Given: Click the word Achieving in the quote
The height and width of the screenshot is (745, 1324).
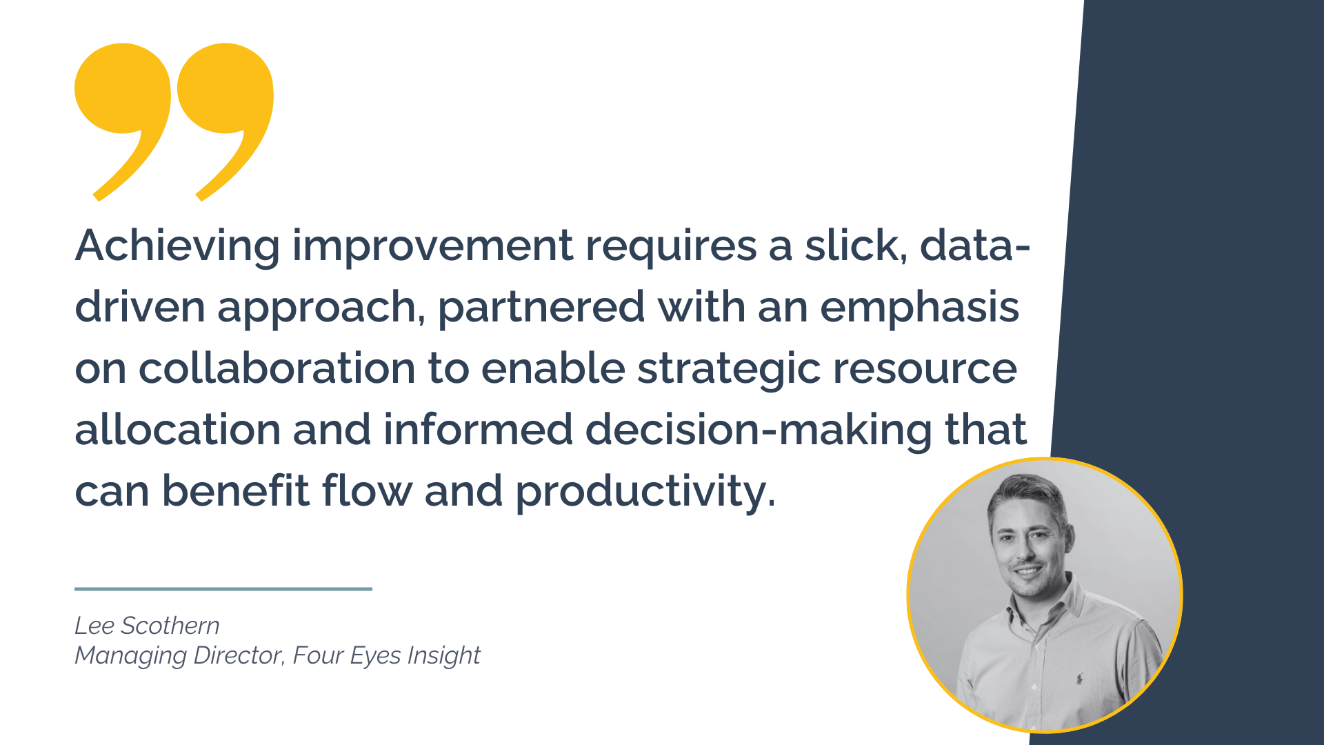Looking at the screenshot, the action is tap(177, 246).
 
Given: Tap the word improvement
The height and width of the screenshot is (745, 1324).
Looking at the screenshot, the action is tap(433, 246).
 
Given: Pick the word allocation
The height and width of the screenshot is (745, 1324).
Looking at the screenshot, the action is tap(177, 429).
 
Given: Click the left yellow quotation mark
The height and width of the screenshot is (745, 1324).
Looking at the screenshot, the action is tap(123, 121).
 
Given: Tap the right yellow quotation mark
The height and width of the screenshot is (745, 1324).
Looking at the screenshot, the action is tap(225, 121).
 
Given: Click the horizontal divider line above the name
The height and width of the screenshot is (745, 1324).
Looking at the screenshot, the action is tap(223, 589).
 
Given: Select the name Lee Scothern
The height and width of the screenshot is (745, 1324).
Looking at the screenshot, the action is tap(147, 626).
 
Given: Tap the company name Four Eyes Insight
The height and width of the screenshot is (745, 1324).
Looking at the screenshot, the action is tap(387, 655).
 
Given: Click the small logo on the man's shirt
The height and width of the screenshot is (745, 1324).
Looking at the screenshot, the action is tap(1079, 679).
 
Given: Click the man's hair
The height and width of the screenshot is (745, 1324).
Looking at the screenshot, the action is tap(1027, 494).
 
